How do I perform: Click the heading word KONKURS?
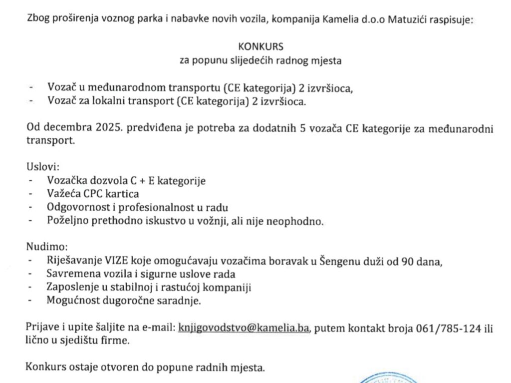click(260, 47)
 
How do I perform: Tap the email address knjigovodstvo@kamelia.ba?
click(244, 328)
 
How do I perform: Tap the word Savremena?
click(69, 274)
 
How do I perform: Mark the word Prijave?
click(43, 328)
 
